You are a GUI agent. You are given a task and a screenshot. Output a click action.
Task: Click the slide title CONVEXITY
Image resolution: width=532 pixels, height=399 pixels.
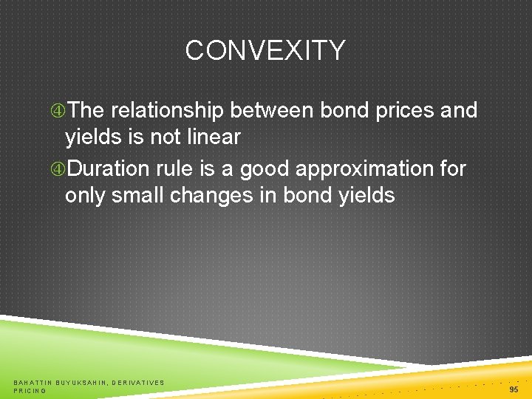click(x=265, y=51)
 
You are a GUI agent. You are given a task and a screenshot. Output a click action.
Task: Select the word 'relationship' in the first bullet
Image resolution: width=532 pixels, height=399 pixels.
click(x=168, y=111)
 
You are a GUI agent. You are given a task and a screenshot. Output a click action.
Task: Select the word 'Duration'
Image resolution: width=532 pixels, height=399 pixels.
click(x=109, y=169)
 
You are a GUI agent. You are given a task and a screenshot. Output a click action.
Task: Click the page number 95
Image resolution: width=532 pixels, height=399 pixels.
click(x=514, y=389)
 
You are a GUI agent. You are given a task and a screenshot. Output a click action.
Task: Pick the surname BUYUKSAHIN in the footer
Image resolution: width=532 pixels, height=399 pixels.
click(x=82, y=383)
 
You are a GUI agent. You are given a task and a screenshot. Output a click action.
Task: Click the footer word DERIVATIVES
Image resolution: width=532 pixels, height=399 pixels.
click(x=138, y=383)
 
